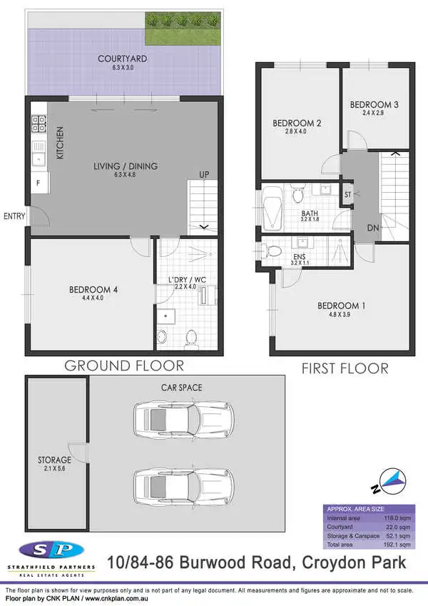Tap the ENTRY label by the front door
tap(14, 216)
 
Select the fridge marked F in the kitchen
tap(38, 183)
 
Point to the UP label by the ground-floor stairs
tap(204, 173)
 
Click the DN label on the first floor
tap(372, 228)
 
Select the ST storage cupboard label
tap(348, 194)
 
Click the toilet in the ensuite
tap(272, 251)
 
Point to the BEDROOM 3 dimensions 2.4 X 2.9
tap(374, 113)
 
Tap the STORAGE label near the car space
tap(54, 460)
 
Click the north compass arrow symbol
tap(391, 483)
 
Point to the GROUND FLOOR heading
tap(124, 365)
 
